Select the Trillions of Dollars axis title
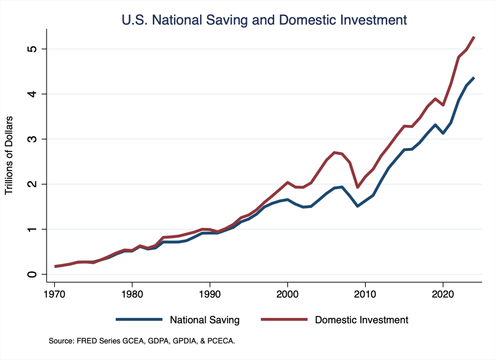coord(9,155)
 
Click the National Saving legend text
coord(204,320)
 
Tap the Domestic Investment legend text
coord(362,320)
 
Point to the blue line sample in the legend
coord(139,320)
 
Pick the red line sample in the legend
coord(284,320)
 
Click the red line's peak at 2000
coord(288,182)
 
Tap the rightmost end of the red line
coord(474,37)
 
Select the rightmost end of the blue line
coord(474,78)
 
